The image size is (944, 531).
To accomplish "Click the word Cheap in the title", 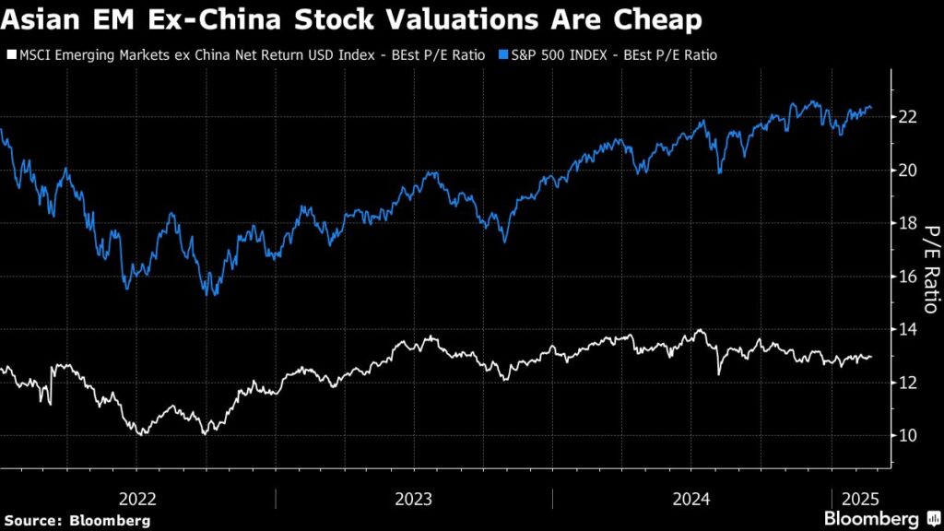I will [x=650, y=19].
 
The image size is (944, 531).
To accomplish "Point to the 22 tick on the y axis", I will [x=907, y=116].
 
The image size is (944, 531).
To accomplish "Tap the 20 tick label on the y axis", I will [x=907, y=170].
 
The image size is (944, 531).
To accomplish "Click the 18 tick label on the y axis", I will [x=907, y=223].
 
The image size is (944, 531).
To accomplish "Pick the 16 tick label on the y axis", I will [x=907, y=277].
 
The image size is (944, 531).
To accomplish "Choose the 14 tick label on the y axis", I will [x=907, y=329].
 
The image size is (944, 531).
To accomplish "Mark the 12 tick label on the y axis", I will [x=907, y=383].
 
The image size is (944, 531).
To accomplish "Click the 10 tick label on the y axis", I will [x=907, y=435].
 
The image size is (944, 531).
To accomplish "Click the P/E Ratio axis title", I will [x=930, y=269].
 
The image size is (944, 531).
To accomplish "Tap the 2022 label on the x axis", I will [x=138, y=499].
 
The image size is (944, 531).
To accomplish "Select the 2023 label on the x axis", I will [x=414, y=499].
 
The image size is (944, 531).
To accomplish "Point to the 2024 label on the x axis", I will [x=690, y=499].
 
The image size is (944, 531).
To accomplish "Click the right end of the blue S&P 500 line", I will [x=871, y=109].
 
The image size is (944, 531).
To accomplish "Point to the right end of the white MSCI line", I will [x=871, y=357].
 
